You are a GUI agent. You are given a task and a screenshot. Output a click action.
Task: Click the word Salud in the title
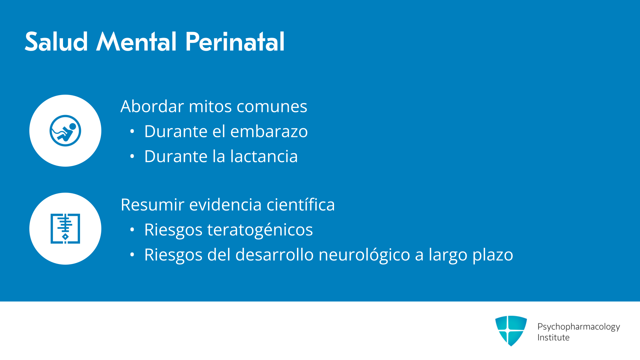[x=56, y=42]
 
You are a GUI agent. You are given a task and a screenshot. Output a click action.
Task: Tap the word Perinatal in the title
[x=235, y=42]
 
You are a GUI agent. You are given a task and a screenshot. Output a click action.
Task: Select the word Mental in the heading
[x=136, y=42]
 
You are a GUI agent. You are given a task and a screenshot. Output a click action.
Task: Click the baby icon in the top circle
[x=65, y=131]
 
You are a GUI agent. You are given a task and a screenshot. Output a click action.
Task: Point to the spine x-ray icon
[x=65, y=229]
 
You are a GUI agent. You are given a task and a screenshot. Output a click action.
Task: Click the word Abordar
[x=152, y=106]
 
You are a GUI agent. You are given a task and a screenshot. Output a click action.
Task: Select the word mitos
[x=210, y=106]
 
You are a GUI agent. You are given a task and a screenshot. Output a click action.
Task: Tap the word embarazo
[x=269, y=131]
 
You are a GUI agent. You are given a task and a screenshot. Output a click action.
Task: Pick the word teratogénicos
[x=260, y=230]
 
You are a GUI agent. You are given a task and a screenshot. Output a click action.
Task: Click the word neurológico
[x=364, y=255]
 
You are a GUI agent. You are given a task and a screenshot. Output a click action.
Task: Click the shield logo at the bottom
[x=511, y=331]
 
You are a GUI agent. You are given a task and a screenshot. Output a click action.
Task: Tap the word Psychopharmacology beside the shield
[x=579, y=327]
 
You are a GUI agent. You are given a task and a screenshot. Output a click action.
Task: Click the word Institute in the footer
[x=553, y=337]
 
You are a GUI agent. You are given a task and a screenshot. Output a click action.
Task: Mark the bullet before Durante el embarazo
[x=132, y=131]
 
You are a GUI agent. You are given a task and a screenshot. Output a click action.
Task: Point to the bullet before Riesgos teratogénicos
[x=132, y=230]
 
